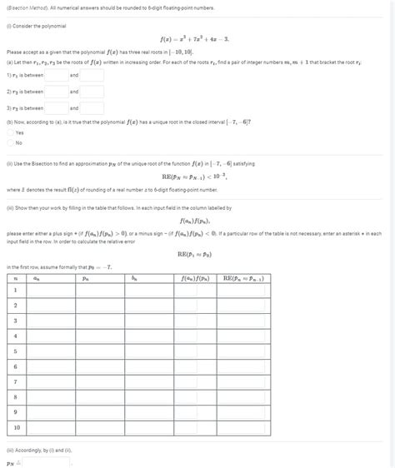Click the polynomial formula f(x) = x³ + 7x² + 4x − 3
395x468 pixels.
click(197, 38)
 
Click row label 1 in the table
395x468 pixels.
click(15, 291)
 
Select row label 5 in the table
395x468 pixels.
click(15, 351)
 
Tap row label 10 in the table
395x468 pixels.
click(15, 428)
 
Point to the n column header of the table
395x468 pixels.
click(15, 280)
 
